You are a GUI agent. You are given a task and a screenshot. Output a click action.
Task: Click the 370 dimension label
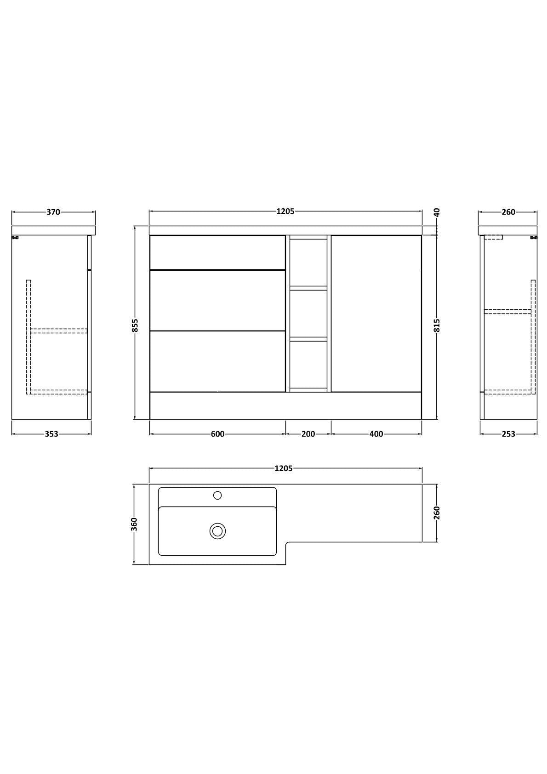53,212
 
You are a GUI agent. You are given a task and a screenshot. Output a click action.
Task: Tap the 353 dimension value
51,434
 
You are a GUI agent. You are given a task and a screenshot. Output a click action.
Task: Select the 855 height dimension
135,325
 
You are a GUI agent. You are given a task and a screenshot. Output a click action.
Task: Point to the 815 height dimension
437,325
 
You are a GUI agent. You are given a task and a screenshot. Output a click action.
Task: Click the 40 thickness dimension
437,212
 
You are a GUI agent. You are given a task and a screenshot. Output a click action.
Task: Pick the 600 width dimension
217,434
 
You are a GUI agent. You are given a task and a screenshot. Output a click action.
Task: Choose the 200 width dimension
308,434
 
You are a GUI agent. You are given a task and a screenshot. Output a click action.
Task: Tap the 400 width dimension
376,434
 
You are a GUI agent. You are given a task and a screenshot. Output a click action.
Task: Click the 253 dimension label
508,434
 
